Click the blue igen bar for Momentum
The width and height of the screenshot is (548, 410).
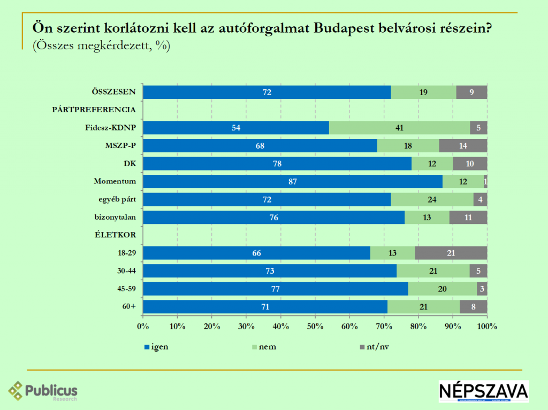pos(293,182)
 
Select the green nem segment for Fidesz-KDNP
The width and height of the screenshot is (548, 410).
pos(399,128)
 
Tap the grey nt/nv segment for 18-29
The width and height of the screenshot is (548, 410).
pos(451,253)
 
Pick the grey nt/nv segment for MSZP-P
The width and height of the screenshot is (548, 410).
pos(463,146)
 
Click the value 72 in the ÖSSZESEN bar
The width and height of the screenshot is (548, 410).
pos(267,92)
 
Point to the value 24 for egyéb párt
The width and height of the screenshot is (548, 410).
pos(432,199)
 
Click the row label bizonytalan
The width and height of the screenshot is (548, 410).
pos(115,217)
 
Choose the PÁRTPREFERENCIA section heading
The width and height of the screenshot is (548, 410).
pos(94,110)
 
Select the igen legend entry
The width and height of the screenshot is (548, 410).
pos(157,346)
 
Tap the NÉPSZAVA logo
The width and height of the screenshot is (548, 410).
pos(483,391)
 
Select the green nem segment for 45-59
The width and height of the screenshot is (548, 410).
pos(443,289)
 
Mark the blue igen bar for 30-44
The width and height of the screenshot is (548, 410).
pos(270,271)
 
